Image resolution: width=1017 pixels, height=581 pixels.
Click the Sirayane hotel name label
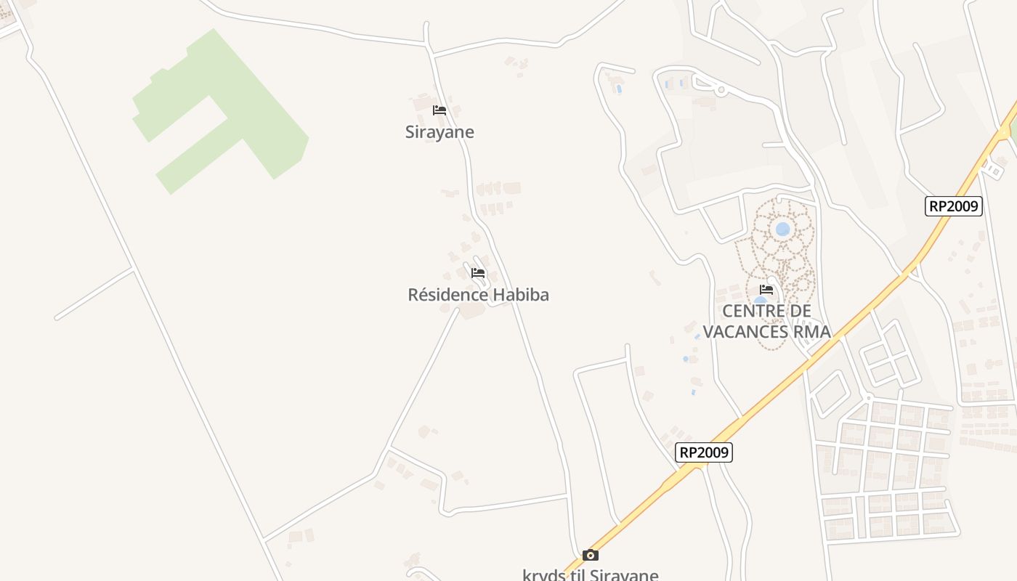coord(439,132)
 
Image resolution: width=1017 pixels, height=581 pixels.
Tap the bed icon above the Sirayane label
coord(439,110)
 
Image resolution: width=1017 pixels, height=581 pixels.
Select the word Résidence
coord(447,295)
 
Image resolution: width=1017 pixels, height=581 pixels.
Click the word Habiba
coord(521,295)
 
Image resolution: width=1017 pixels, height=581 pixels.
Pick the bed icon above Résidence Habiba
coord(477,273)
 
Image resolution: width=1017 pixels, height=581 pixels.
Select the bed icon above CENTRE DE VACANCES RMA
coord(766,290)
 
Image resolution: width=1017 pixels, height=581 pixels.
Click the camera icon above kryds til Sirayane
coord(591,556)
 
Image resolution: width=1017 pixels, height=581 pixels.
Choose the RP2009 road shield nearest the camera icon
coord(703,452)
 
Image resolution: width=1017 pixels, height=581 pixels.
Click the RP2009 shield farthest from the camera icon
coord(954,206)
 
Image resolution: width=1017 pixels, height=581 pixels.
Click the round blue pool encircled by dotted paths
coord(782,229)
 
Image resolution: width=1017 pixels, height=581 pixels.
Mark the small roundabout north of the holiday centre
coord(721,90)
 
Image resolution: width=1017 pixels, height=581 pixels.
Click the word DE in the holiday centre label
coord(801,312)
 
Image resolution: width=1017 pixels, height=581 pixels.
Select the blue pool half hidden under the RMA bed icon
coord(759,301)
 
